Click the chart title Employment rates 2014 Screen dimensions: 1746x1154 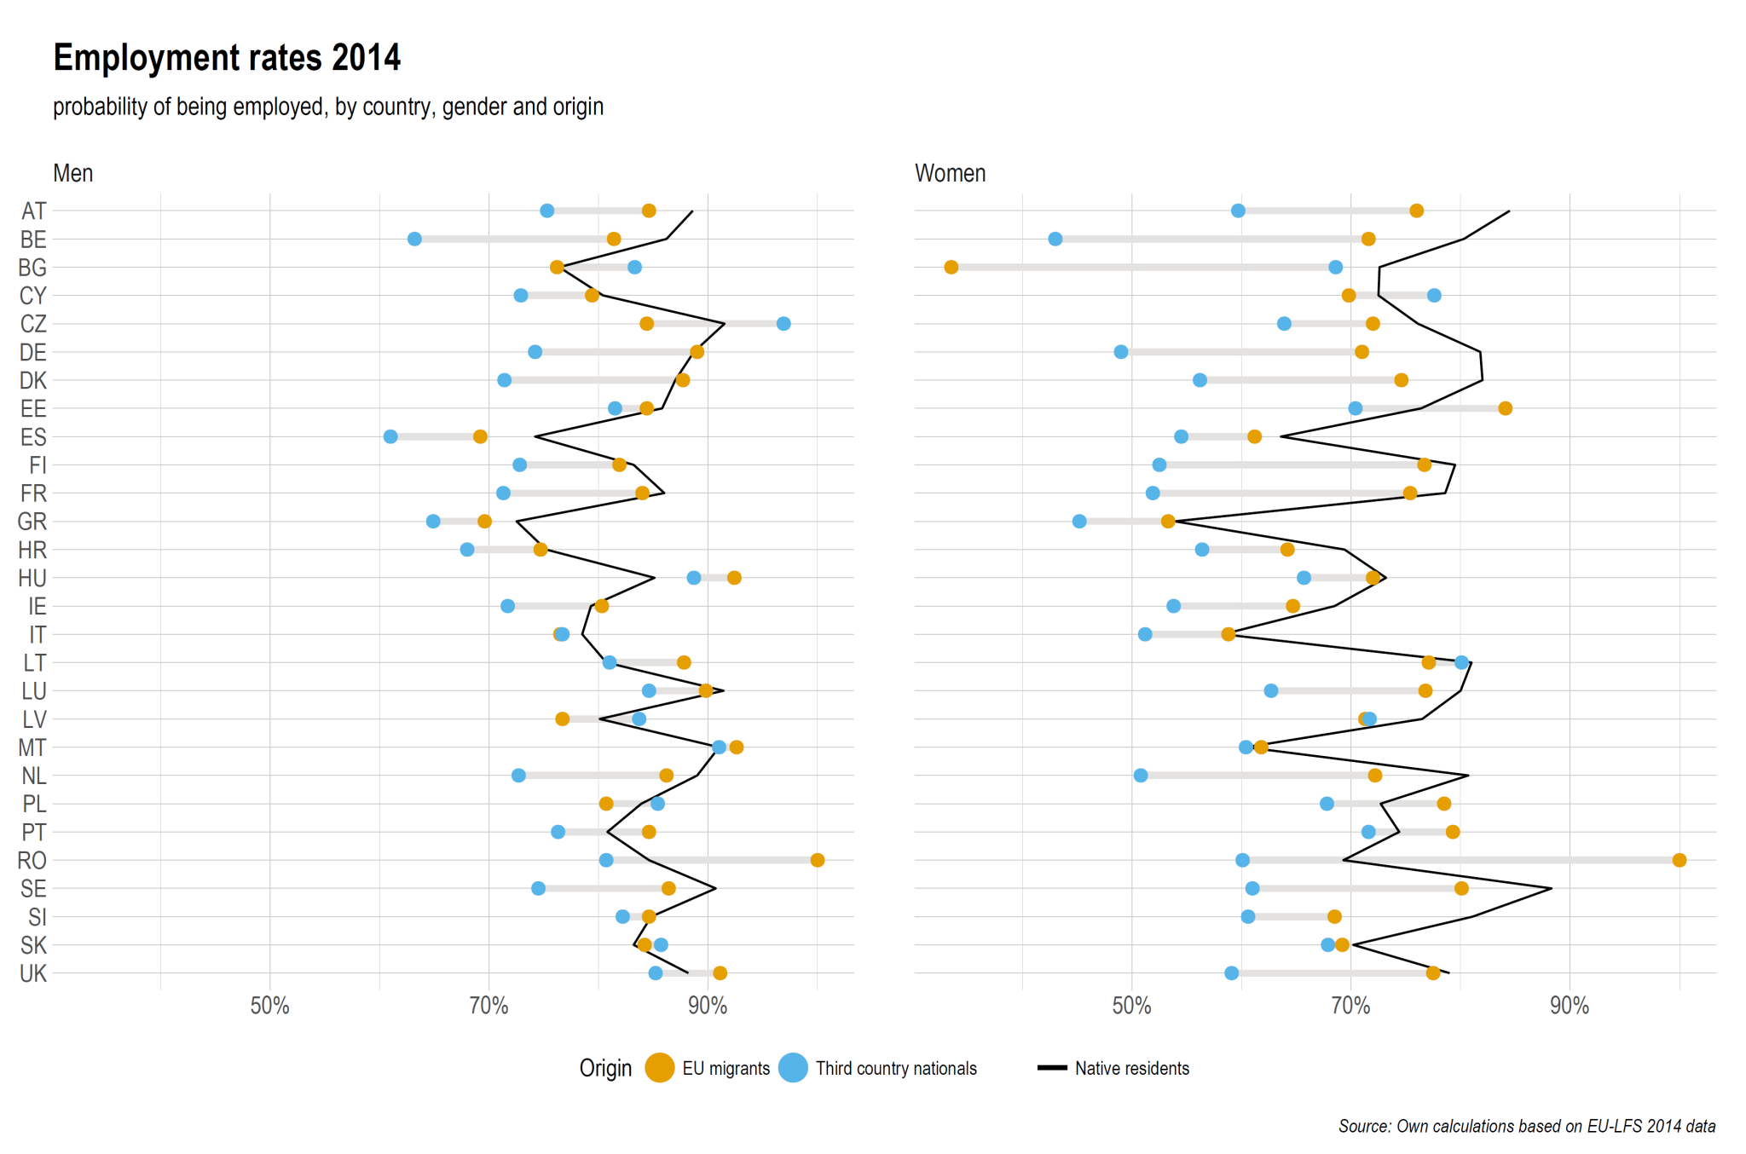(227, 58)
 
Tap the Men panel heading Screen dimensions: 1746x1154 (73, 173)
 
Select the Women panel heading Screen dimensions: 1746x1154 (950, 173)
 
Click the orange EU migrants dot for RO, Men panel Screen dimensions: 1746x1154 (818, 860)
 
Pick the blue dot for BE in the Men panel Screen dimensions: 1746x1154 (414, 239)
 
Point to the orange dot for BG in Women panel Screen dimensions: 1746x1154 (951, 268)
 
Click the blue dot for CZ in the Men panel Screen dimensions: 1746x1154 (783, 324)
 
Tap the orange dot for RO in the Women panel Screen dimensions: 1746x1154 (1680, 860)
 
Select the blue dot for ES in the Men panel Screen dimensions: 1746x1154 (390, 436)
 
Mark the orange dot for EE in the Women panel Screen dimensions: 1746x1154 (1506, 408)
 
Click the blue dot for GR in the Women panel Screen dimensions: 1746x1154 (1079, 522)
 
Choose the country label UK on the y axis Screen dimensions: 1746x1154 (33, 973)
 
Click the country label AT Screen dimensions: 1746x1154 (34, 211)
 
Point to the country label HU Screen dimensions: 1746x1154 (32, 578)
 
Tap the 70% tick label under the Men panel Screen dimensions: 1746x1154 (489, 1007)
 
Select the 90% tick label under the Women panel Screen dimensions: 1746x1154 (1570, 1007)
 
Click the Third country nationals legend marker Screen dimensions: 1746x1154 (793, 1068)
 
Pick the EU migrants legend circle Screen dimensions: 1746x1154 (660, 1068)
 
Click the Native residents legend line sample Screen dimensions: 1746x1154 (1052, 1068)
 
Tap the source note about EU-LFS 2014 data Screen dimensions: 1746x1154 (1527, 1126)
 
